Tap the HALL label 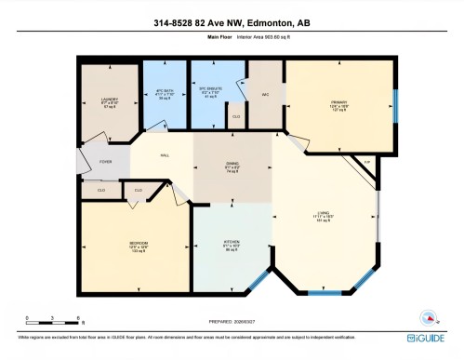coord(165,154)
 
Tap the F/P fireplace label coord(366,163)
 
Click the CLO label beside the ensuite coord(236,116)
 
